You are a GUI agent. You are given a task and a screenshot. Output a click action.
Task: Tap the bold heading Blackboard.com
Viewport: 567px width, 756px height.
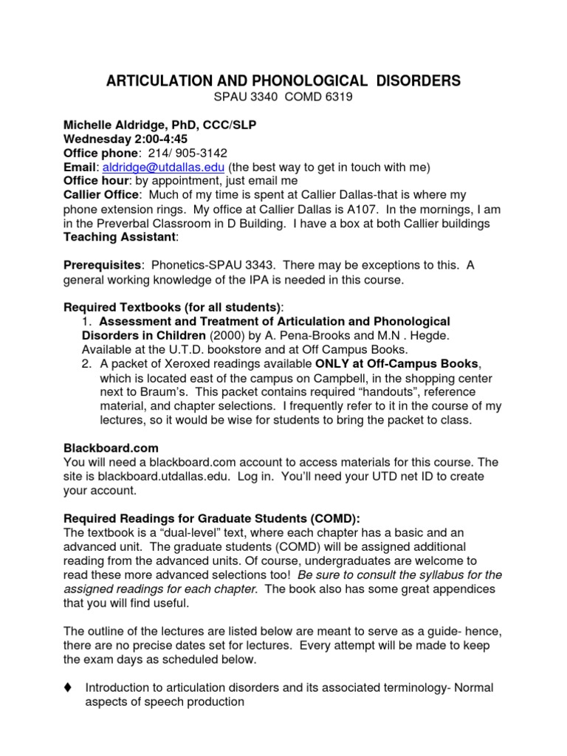[111, 448]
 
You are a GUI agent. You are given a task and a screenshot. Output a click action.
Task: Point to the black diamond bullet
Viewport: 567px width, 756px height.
[68, 688]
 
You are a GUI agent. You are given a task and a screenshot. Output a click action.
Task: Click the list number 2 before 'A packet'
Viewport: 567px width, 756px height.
[86, 364]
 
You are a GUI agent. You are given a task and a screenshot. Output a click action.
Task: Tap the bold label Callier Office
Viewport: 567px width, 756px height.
[101, 195]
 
